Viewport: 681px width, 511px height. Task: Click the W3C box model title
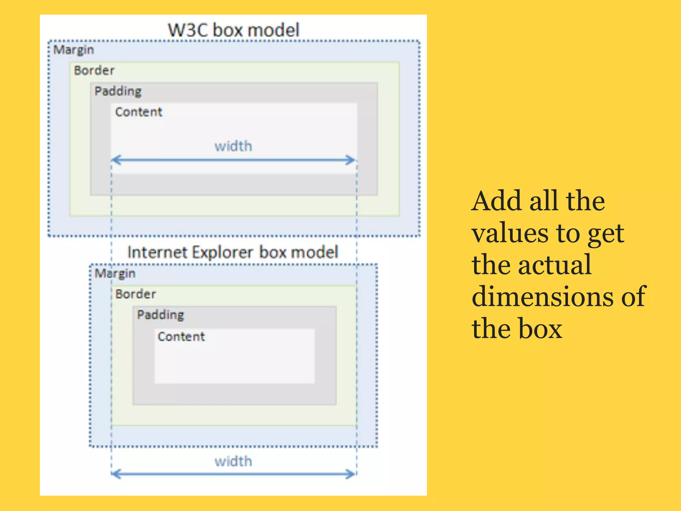tap(233, 30)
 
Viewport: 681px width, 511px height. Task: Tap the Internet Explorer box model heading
tap(233, 252)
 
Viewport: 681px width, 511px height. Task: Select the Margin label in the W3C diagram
tap(73, 50)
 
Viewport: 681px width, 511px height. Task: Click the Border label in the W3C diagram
tap(94, 71)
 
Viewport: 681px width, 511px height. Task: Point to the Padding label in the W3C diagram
tap(118, 91)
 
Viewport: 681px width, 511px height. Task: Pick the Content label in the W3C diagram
tap(139, 112)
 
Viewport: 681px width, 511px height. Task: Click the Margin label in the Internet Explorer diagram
tap(115, 273)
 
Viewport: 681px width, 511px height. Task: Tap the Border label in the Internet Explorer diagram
tap(135, 294)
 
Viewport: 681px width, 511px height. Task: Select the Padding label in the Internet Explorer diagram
tap(160, 315)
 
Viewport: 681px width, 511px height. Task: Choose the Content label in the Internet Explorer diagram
tap(181, 337)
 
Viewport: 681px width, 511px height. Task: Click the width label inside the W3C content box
tap(233, 146)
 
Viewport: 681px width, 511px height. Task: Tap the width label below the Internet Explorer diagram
tap(233, 462)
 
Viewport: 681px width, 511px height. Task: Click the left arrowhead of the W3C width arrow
tap(115, 160)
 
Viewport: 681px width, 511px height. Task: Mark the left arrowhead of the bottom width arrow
tap(115, 474)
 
